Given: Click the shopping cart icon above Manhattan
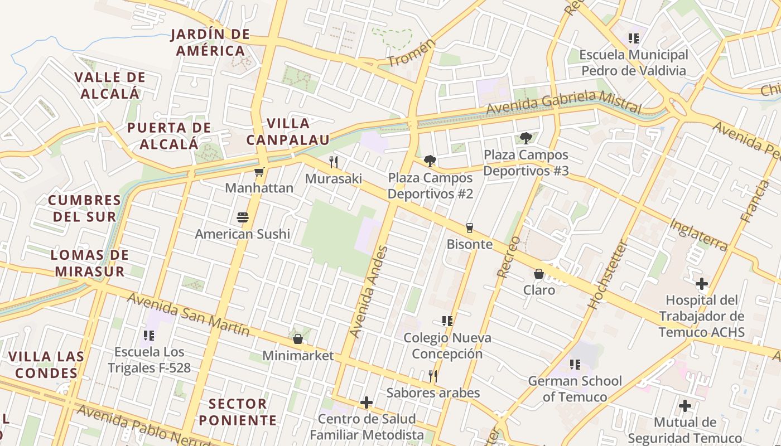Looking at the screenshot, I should pos(259,172).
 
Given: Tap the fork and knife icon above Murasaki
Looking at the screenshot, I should pos(334,162).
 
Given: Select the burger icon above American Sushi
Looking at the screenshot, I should pos(242,217).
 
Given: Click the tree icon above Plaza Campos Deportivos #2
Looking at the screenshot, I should pos(430,161).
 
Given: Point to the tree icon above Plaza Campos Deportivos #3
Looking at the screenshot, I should pos(525,138).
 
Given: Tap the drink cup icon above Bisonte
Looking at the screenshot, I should pos(469,228).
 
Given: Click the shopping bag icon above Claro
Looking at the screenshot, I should pos(539,274).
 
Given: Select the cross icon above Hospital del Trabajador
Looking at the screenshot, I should pos(701,284).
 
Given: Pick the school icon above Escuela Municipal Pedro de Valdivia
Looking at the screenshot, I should pos(633,38).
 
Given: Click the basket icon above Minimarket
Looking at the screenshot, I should pos(298,339).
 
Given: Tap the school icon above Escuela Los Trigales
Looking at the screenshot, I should pos(148,336).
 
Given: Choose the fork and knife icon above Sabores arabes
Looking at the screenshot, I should pos(433,376).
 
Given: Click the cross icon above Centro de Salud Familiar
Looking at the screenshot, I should pos(367,403).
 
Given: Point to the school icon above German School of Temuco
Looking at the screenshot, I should pos(575,365).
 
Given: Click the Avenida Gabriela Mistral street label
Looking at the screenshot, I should pos(563,101).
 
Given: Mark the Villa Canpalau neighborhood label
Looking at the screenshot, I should pos(288,132).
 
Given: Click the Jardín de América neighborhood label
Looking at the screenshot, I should pos(210,42).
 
